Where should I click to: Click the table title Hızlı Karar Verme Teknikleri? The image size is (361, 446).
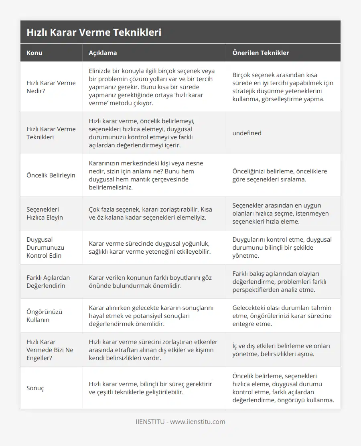[94, 32]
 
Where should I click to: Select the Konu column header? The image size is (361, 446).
[34, 53]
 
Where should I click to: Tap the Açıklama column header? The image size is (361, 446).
[103, 53]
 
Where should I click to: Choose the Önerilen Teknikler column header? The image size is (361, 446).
[261, 53]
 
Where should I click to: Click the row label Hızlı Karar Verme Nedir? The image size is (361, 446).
[51, 87]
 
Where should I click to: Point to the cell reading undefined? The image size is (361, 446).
[247, 133]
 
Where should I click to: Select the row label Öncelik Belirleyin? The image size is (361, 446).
[51, 175]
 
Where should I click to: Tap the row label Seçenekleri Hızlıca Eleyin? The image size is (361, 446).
[45, 213]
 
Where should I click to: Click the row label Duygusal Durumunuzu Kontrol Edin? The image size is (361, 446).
[45, 247]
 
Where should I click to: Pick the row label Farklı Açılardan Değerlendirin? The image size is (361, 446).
[48, 281]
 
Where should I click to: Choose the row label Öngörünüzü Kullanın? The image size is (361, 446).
[44, 316]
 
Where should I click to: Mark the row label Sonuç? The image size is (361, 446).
[35, 388]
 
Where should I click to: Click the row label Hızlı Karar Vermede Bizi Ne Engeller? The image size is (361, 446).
[50, 350]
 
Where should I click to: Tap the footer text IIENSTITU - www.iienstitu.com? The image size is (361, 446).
[180, 422]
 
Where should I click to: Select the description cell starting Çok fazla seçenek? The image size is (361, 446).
[150, 213]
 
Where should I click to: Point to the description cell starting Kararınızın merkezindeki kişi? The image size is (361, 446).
[146, 175]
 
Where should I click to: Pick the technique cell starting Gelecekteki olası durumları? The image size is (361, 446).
[282, 316]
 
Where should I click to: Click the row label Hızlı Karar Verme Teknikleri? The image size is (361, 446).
[51, 133]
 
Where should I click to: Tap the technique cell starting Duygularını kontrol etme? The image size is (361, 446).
[282, 247]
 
